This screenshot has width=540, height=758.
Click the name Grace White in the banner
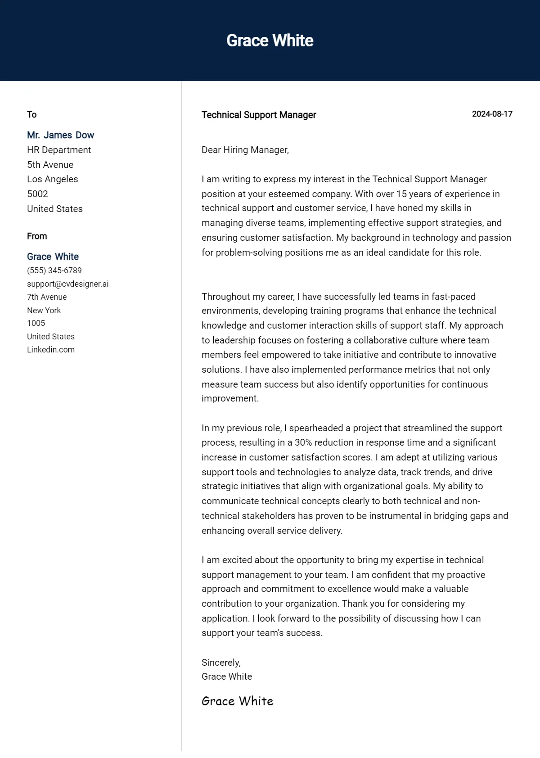(270, 41)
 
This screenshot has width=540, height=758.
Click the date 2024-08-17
(492, 114)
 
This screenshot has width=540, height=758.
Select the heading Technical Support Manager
(259, 115)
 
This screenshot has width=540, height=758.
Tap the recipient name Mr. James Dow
(60, 135)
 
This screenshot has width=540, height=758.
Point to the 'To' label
(31, 114)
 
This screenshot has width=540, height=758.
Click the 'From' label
(37, 236)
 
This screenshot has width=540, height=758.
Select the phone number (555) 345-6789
(54, 271)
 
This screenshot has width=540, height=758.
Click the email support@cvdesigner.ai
(67, 284)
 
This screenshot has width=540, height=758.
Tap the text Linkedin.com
(51, 350)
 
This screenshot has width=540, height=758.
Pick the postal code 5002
(37, 194)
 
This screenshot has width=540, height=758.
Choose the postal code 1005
(36, 323)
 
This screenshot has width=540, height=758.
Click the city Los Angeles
(52, 179)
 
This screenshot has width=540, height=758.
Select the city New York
(44, 310)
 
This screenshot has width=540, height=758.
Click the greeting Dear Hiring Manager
(245, 150)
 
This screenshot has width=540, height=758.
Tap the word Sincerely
(221, 662)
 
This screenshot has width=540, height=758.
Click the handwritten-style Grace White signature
(237, 701)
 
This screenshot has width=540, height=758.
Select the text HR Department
(59, 150)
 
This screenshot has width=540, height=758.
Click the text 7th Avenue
(47, 297)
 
